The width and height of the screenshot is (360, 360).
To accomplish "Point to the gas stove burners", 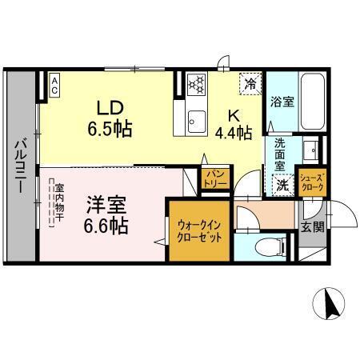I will click(196, 82).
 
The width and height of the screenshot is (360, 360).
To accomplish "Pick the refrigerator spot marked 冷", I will click(250, 82).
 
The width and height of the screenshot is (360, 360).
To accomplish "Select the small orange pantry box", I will click(215, 178).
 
